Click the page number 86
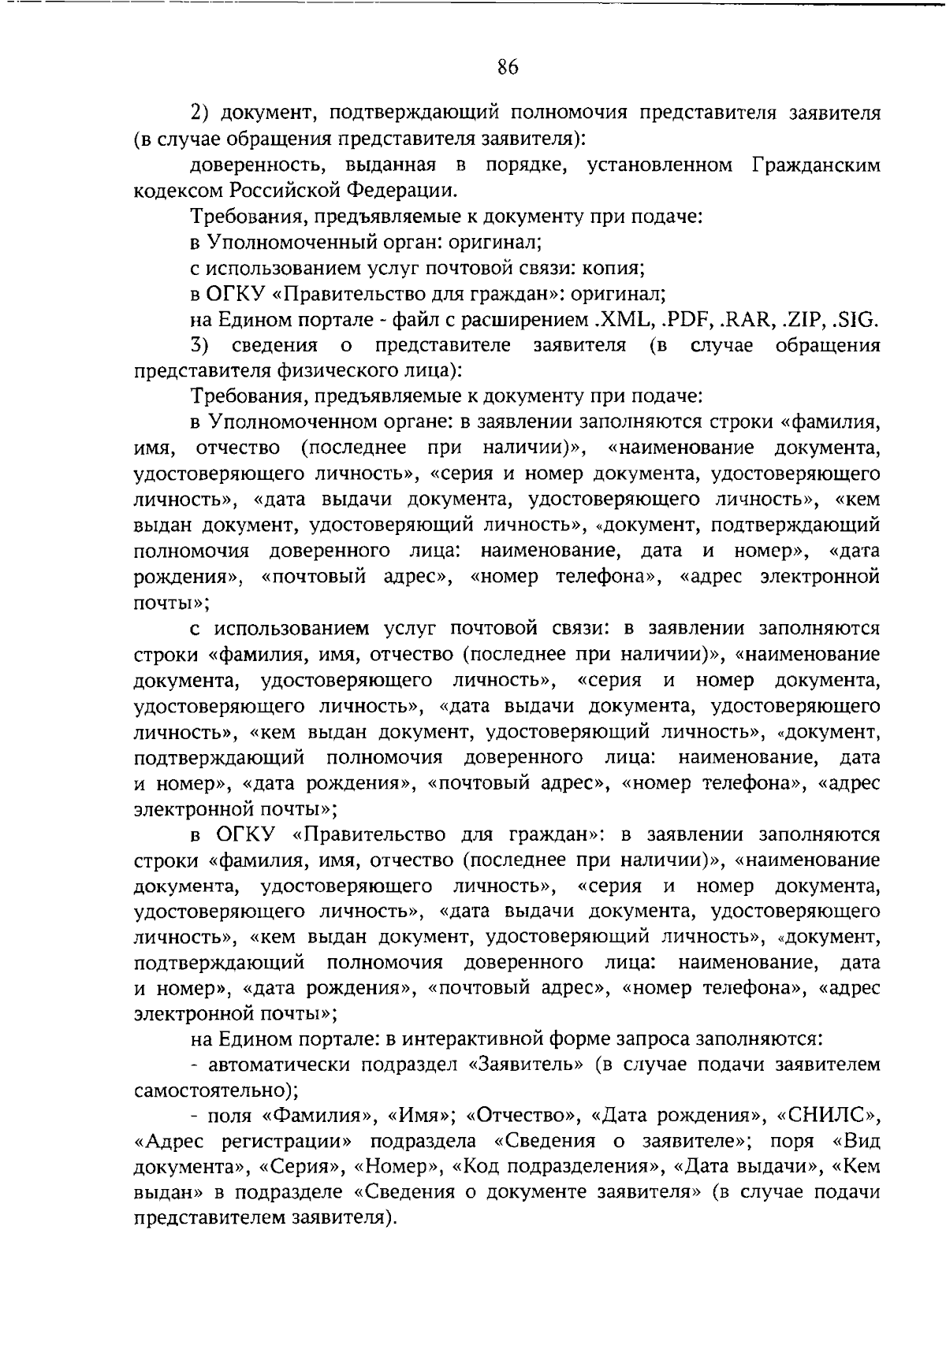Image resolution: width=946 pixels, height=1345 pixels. (x=508, y=68)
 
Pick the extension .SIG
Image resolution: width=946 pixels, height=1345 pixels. (x=856, y=320)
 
